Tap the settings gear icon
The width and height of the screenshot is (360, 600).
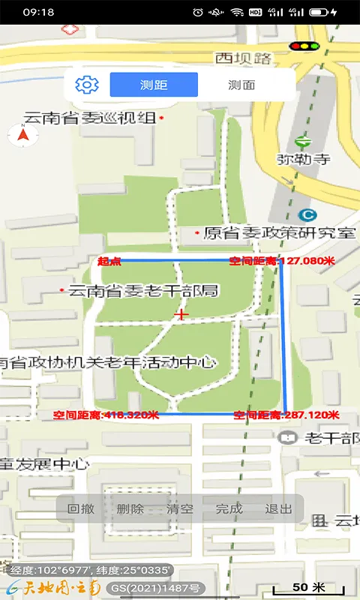click(87, 85)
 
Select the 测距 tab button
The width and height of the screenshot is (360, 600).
click(154, 85)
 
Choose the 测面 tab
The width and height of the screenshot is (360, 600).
click(241, 85)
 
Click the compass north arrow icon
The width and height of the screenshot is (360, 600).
click(22, 136)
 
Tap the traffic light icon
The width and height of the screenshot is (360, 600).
click(304, 46)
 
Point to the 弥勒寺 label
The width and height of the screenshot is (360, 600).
click(304, 159)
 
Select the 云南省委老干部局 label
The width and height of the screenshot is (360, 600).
click(142, 290)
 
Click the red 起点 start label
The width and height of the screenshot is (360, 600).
click(109, 261)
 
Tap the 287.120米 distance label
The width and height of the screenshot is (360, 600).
click(286, 415)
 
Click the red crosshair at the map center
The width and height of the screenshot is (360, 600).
click(180, 315)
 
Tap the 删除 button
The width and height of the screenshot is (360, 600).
click(130, 508)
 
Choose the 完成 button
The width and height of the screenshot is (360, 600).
click(229, 508)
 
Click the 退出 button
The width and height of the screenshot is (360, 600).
click(278, 508)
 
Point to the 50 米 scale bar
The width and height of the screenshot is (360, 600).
click(310, 587)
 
